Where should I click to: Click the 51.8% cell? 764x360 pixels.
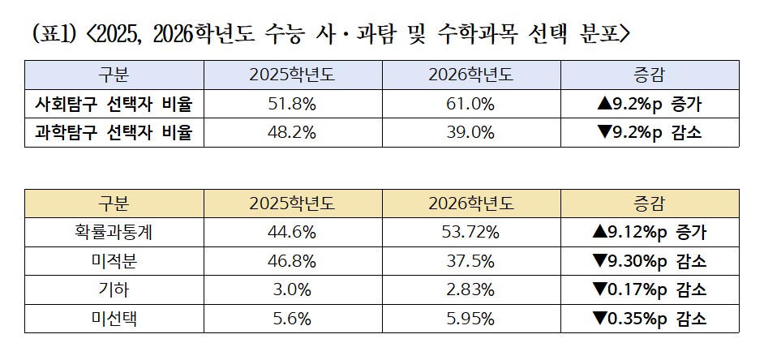(292, 104)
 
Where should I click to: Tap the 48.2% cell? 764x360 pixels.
(292, 132)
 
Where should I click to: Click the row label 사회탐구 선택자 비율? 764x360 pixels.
(118, 104)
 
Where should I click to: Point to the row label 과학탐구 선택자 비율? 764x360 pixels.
(118, 132)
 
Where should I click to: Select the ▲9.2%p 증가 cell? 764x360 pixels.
(649, 104)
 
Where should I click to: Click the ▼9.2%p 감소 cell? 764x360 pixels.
(649, 132)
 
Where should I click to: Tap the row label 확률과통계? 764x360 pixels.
(118, 233)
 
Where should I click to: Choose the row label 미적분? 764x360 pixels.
(118, 261)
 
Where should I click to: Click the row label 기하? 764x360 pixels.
(118, 289)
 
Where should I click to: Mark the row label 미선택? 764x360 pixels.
(118, 318)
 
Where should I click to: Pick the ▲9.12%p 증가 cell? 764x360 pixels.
(649, 233)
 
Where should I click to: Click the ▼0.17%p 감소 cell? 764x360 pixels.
(649, 289)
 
